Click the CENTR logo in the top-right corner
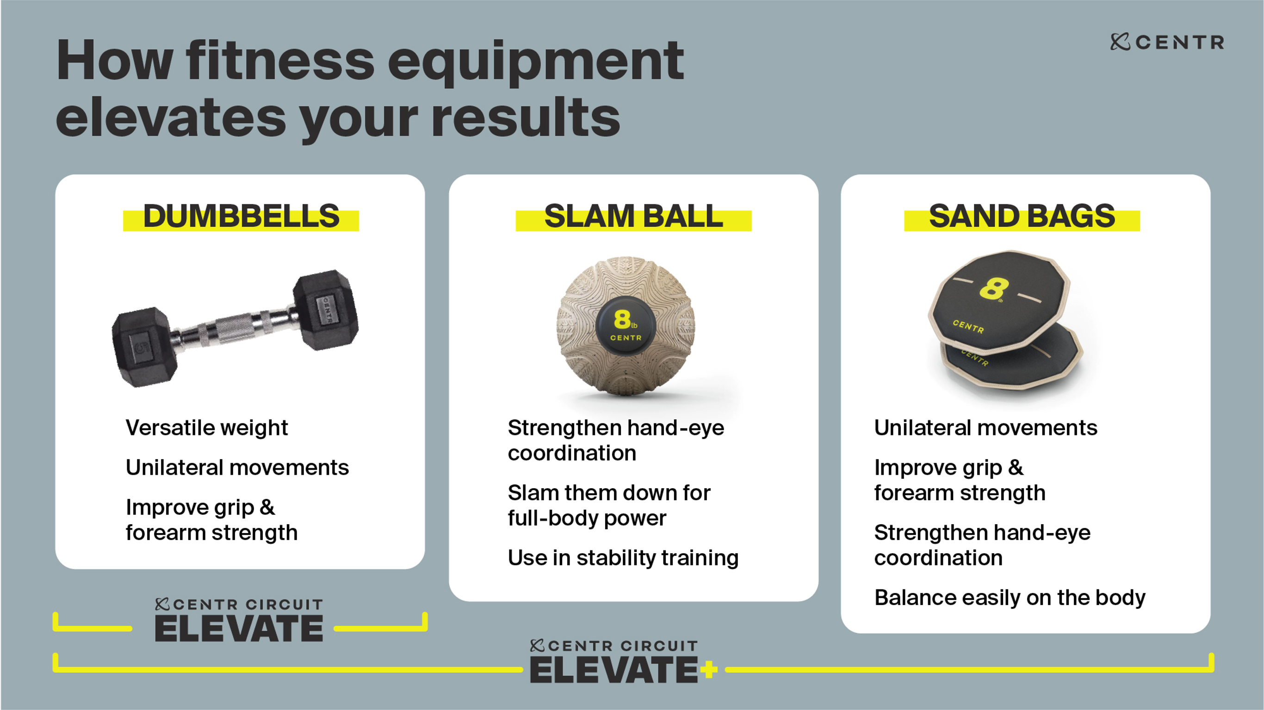pos(1167,42)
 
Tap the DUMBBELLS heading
pos(241,216)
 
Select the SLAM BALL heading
pos(633,216)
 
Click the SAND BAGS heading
pos(1022,216)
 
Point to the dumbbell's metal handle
pos(235,326)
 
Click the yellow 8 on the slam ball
pos(622,319)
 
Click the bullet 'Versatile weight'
pos(206,428)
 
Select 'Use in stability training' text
pos(623,557)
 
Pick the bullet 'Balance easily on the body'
pos(1010,598)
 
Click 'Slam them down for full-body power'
pos(609,505)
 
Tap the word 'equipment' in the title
pos(536,63)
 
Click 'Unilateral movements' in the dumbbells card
pos(237,467)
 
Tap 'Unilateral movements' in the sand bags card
pos(986,428)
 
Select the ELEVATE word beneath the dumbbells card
pos(239,628)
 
